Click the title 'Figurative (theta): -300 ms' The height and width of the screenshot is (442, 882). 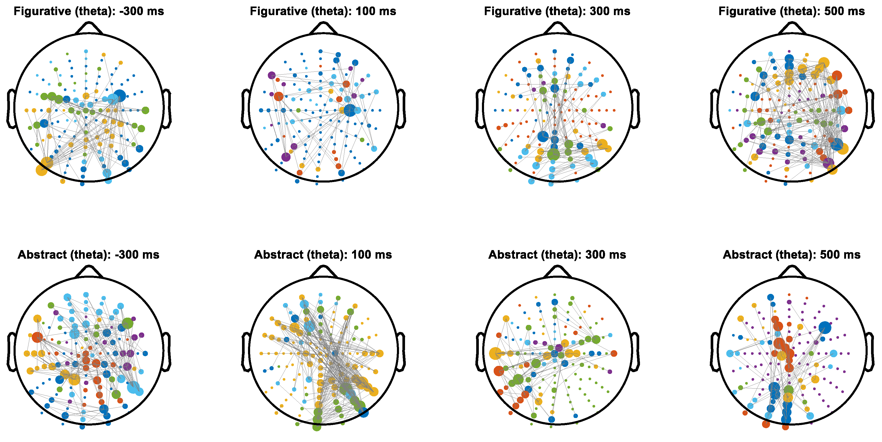[x=89, y=11]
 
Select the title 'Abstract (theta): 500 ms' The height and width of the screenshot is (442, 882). [x=792, y=255]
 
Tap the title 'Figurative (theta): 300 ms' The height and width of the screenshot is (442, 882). [x=557, y=11]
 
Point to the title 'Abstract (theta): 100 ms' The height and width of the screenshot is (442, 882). [x=323, y=255]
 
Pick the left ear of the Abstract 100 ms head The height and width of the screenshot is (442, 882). [x=245, y=352]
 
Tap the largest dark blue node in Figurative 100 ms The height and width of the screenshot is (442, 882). [x=349, y=110]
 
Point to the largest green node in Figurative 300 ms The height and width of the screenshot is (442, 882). [x=553, y=154]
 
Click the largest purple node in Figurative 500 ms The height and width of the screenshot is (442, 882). [x=829, y=163]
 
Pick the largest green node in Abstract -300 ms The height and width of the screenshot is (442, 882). [x=127, y=323]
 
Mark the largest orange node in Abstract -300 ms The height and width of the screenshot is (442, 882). [x=37, y=337]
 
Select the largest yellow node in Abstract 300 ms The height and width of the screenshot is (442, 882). [x=495, y=353]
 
